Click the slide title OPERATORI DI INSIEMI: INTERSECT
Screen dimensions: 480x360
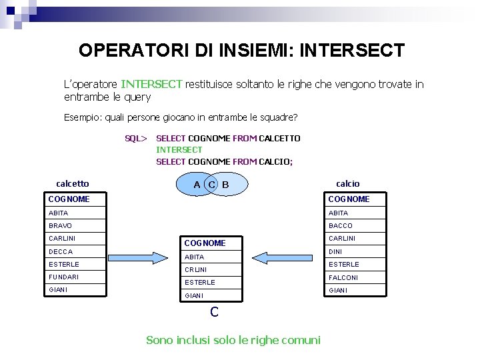point(241,51)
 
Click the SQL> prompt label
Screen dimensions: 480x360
point(135,139)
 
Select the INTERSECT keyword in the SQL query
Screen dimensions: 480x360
point(179,150)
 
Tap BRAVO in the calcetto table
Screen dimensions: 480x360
point(60,226)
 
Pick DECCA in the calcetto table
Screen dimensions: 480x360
point(61,251)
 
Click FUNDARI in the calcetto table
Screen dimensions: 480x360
point(63,277)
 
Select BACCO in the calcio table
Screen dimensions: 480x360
point(341,226)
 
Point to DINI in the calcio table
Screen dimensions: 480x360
point(335,251)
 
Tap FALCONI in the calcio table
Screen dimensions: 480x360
point(343,277)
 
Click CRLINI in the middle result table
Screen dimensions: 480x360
point(195,270)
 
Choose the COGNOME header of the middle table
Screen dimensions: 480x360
point(205,243)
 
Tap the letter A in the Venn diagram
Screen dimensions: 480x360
point(197,184)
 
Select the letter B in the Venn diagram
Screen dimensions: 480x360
point(225,184)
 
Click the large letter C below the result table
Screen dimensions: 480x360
point(214,311)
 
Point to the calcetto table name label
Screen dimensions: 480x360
point(73,183)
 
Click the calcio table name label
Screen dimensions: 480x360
point(347,183)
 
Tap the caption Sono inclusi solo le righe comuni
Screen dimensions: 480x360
point(233,340)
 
